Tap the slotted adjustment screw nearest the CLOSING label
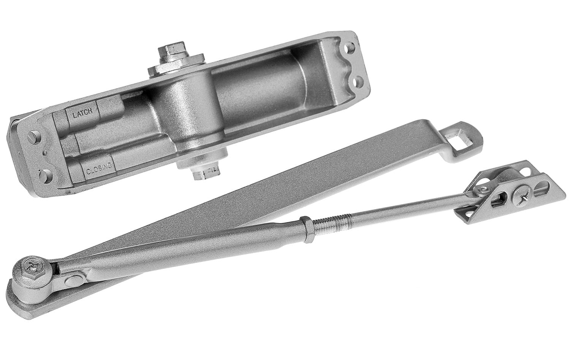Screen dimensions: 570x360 46,175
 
